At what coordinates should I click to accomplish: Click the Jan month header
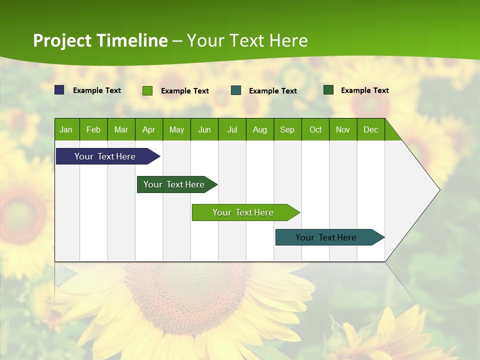click(x=66, y=129)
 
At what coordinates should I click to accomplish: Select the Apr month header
click(x=148, y=129)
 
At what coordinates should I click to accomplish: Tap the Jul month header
click(x=232, y=129)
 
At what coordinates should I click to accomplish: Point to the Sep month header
click(x=287, y=129)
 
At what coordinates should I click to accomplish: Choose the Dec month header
click(x=370, y=129)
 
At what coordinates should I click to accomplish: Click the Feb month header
click(x=93, y=129)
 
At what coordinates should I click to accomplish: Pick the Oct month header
click(x=315, y=129)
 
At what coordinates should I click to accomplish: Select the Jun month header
click(x=204, y=129)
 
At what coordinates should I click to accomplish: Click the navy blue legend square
click(x=59, y=90)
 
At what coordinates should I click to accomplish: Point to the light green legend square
click(x=147, y=90)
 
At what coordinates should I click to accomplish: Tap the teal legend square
click(x=236, y=90)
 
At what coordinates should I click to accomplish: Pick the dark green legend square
click(x=328, y=90)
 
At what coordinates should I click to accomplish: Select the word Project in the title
click(x=63, y=40)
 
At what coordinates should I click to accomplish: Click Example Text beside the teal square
click(x=272, y=91)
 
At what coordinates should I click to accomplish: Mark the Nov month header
click(x=343, y=129)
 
